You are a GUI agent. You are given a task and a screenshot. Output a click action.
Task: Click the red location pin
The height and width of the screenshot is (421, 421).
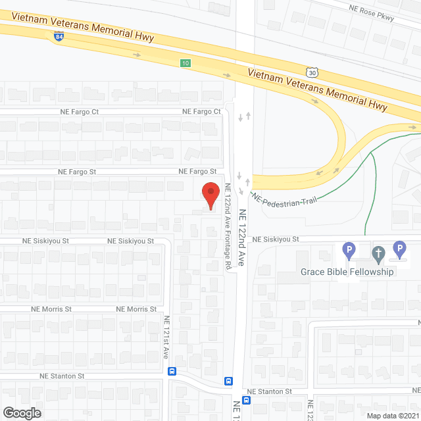tap(210, 196)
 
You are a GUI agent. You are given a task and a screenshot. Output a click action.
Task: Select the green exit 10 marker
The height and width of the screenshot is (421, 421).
tap(186, 62)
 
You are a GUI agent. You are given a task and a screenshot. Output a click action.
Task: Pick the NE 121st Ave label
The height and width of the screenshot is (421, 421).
tap(166, 337)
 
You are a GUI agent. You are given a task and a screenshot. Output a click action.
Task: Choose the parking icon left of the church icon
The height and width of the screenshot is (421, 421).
tap(349, 251)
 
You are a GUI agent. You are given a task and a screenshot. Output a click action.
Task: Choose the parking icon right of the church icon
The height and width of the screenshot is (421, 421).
tap(399, 249)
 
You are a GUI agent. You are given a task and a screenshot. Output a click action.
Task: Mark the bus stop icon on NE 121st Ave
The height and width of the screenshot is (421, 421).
tap(172, 370)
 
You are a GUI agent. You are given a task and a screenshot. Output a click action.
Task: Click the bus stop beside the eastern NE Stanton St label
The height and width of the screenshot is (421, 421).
tap(248, 399)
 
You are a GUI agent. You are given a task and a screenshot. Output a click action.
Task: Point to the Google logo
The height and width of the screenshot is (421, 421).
tap(21, 412)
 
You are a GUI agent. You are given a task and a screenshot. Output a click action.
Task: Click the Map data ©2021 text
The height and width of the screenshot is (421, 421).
tap(391, 415)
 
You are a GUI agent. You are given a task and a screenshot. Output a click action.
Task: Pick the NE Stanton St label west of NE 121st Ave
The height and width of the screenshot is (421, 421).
tap(62, 376)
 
